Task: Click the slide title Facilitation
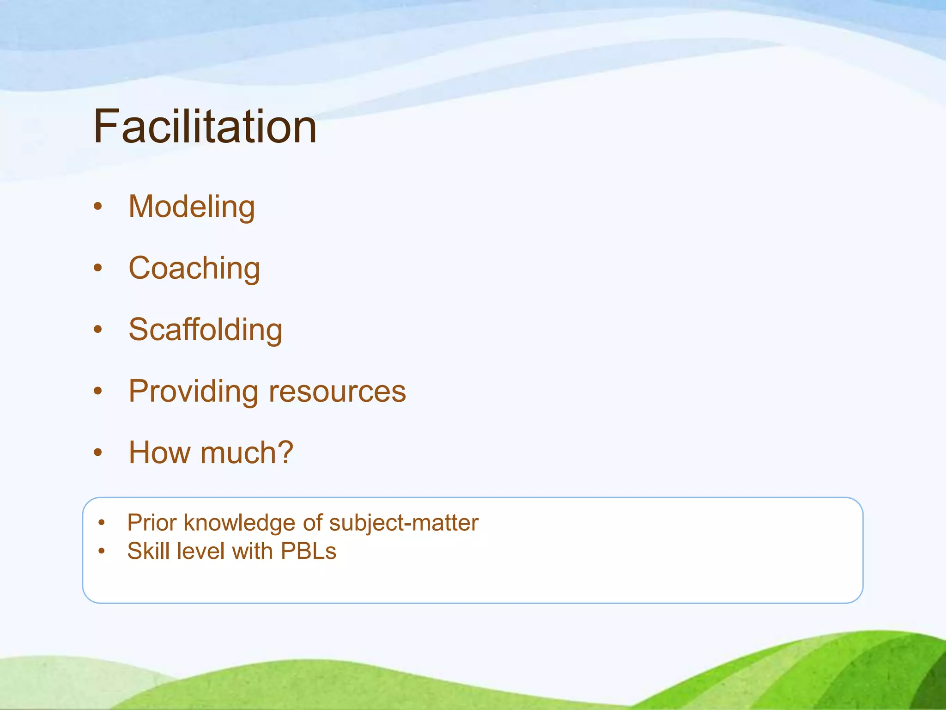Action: (x=205, y=127)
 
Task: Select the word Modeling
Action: (x=192, y=207)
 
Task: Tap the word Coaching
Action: (x=194, y=268)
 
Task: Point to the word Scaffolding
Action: (x=206, y=330)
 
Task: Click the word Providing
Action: (x=193, y=392)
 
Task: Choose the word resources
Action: (x=337, y=392)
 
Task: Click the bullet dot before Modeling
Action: (x=97, y=207)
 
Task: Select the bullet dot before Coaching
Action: (x=97, y=268)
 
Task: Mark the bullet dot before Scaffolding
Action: (x=97, y=330)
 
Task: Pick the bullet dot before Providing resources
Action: (x=97, y=391)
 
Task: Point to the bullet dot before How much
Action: (x=97, y=453)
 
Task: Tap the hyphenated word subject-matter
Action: (x=404, y=523)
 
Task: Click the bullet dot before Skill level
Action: (x=102, y=551)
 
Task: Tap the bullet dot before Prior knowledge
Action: (x=102, y=523)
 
